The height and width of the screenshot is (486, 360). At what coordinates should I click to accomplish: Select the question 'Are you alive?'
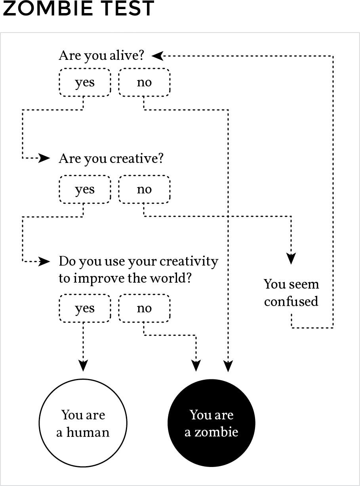[x=101, y=55]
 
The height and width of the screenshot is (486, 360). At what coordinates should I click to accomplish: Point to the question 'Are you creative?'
[x=111, y=159]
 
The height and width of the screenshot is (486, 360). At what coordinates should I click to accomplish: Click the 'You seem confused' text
[x=291, y=293]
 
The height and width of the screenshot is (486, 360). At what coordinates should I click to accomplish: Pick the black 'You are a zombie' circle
[x=211, y=423]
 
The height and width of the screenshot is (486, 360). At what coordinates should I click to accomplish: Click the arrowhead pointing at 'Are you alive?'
[x=157, y=56]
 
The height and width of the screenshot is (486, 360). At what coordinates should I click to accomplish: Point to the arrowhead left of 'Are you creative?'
[x=44, y=158]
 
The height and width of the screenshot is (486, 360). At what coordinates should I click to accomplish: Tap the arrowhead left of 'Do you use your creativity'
[x=44, y=261]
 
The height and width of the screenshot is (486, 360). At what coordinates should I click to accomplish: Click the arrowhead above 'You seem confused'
[x=291, y=258]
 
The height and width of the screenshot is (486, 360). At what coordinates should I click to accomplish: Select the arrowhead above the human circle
[x=83, y=366]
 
